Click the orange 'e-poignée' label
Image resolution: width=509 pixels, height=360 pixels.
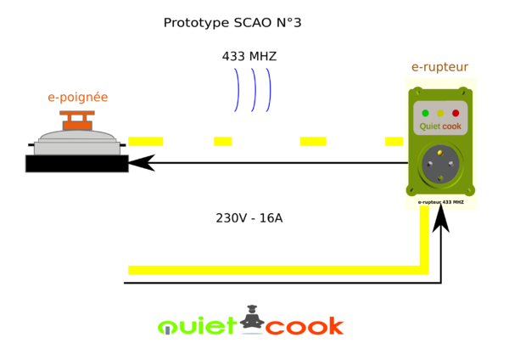77,98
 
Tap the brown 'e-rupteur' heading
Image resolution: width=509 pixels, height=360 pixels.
439,67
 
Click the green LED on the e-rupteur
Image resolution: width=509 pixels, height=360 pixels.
425,113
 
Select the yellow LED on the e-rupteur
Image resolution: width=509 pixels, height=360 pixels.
440,113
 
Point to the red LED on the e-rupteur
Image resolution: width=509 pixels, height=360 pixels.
456,113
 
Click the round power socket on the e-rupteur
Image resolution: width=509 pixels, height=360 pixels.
440,163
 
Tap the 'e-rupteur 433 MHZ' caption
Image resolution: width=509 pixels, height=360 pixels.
440,202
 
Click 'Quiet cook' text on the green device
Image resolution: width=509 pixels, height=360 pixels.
440,127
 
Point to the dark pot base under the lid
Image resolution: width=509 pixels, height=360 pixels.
77,163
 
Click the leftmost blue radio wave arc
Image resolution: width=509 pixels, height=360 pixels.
237,89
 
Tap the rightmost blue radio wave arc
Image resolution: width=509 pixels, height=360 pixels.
269,89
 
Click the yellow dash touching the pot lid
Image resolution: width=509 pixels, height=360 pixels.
146,141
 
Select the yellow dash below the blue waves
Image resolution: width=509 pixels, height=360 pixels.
222,141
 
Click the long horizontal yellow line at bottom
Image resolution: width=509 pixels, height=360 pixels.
271,270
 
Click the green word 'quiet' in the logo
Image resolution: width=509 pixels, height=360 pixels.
197,325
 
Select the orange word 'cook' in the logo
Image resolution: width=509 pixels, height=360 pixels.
305,325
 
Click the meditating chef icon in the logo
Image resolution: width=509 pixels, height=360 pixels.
251,318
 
